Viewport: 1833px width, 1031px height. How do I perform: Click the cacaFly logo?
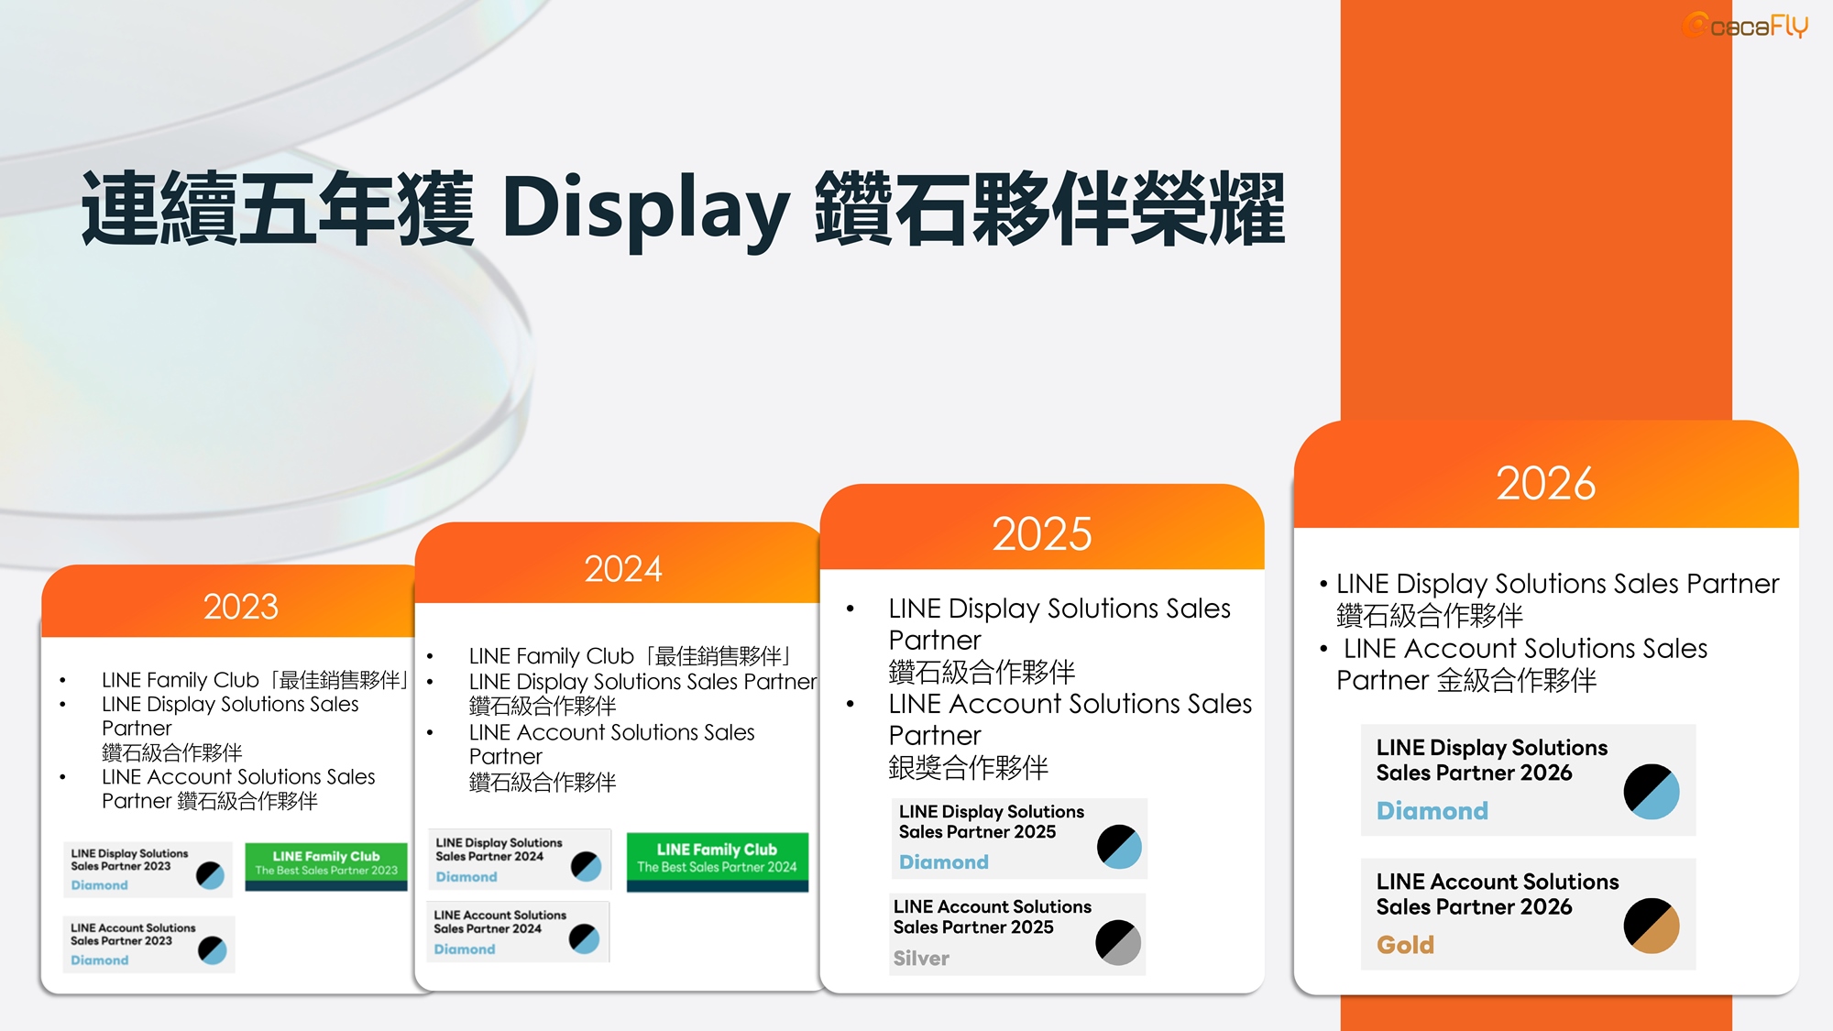tap(1745, 26)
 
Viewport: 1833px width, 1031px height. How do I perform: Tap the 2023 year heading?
tap(241, 607)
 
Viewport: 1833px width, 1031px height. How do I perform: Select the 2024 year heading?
tap(623, 569)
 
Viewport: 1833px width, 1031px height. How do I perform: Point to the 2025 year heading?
tap(1042, 533)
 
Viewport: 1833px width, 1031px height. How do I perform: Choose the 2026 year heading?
tap(1546, 483)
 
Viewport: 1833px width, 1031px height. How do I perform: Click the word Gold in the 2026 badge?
tap(1405, 945)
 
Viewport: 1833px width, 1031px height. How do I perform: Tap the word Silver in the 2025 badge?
tap(921, 959)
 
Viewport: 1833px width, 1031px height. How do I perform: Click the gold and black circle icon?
tap(1652, 926)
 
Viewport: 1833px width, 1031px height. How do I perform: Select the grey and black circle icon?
tap(1118, 942)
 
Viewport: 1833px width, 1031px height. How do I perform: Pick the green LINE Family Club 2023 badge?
tap(326, 865)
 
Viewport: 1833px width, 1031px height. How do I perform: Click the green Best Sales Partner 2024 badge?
tap(718, 861)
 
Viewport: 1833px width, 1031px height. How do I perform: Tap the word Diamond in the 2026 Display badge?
tap(1432, 811)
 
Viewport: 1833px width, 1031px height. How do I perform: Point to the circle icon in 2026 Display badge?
tap(1652, 792)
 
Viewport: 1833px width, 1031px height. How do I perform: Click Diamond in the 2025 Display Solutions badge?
tap(944, 862)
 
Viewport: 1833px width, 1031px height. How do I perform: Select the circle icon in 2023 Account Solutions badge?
tap(212, 950)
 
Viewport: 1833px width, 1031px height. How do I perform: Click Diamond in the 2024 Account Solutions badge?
tap(465, 949)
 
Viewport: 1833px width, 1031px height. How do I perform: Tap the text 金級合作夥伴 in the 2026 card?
tap(1516, 681)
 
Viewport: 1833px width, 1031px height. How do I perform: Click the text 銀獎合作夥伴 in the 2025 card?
tap(968, 768)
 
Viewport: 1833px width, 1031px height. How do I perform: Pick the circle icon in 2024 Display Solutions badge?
tap(586, 866)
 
